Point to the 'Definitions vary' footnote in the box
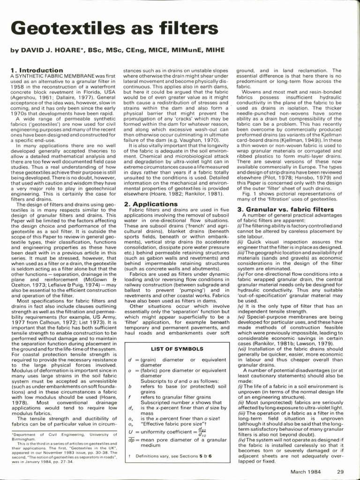(x=172, y=455)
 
